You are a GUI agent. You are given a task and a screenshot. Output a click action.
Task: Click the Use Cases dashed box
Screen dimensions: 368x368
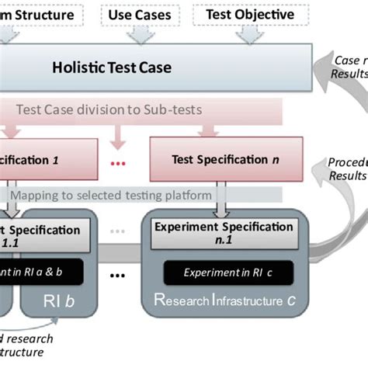click(x=140, y=14)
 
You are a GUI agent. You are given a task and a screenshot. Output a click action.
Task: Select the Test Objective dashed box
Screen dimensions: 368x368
click(x=249, y=14)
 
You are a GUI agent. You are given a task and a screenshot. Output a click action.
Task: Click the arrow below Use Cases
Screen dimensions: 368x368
click(x=141, y=33)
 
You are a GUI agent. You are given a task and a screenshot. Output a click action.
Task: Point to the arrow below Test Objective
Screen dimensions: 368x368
click(x=249, y=33)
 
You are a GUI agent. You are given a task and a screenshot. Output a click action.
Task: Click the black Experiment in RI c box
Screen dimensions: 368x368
click(x=227, y=273)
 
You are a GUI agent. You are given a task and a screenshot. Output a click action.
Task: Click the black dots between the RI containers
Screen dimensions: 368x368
click(x=119, y=276)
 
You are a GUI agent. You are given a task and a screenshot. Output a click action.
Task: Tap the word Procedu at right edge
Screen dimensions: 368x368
click(x=346, y=162)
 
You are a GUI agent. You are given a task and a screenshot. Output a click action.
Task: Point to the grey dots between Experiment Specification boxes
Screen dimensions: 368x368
click(x=118, y=231)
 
